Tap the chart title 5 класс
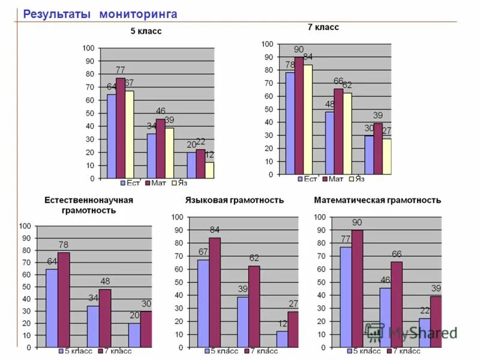point(146,31)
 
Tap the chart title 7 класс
point(323,27)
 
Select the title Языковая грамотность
point(235,200)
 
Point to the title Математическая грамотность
point(377,200)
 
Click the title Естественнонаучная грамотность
point(89,205)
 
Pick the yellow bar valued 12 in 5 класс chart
point(209,170)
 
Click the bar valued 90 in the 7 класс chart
point(299,115)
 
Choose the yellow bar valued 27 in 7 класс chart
point(387,157)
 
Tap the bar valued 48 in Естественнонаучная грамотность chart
point(104,318)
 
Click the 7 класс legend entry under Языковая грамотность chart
point(260,352)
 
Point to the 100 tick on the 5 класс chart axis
point(88,48)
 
